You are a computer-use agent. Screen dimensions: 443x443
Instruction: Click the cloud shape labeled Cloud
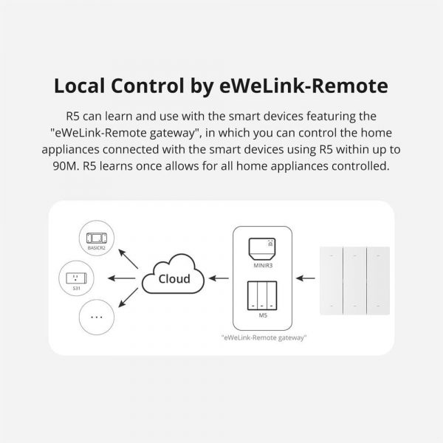[x=174, y=278]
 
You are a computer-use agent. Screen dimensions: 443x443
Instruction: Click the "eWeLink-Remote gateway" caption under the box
[x=264, y=338]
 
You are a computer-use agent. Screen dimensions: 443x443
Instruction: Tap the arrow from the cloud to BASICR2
[x=129, y=258]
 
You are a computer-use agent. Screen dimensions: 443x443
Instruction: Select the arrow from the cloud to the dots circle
[x=129, y=299]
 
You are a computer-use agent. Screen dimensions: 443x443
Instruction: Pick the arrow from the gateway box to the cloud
[x=218, y=278]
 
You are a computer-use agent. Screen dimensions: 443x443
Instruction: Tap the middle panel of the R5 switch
[x=354, y=278]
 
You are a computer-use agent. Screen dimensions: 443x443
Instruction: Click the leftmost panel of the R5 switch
[x=331, y=278]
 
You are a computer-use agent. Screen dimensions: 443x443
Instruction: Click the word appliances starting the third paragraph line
[x=84, y=150]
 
